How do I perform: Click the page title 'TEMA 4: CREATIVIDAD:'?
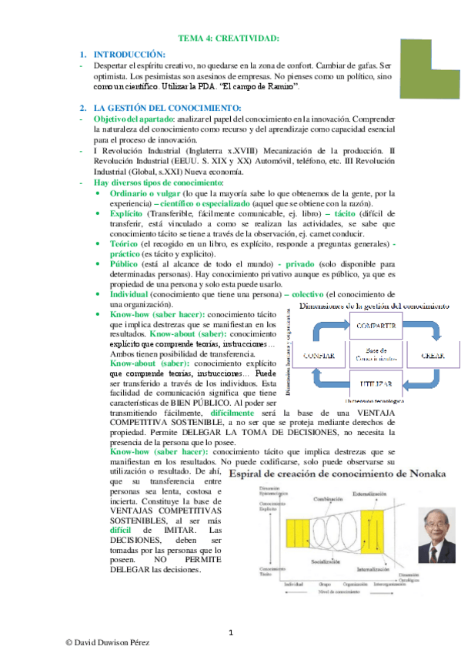point(229,38)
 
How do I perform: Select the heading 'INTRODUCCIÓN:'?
point(129,55)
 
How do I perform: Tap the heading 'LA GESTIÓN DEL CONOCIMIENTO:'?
point(167,106)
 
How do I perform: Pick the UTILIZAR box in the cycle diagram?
point(376,383)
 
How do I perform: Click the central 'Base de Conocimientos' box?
point(376,355)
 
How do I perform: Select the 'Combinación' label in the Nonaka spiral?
point(327,499)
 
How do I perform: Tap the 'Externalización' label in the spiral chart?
point(369,493)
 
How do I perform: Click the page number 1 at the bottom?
point(231,633)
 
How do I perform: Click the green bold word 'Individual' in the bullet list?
point(123,294)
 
